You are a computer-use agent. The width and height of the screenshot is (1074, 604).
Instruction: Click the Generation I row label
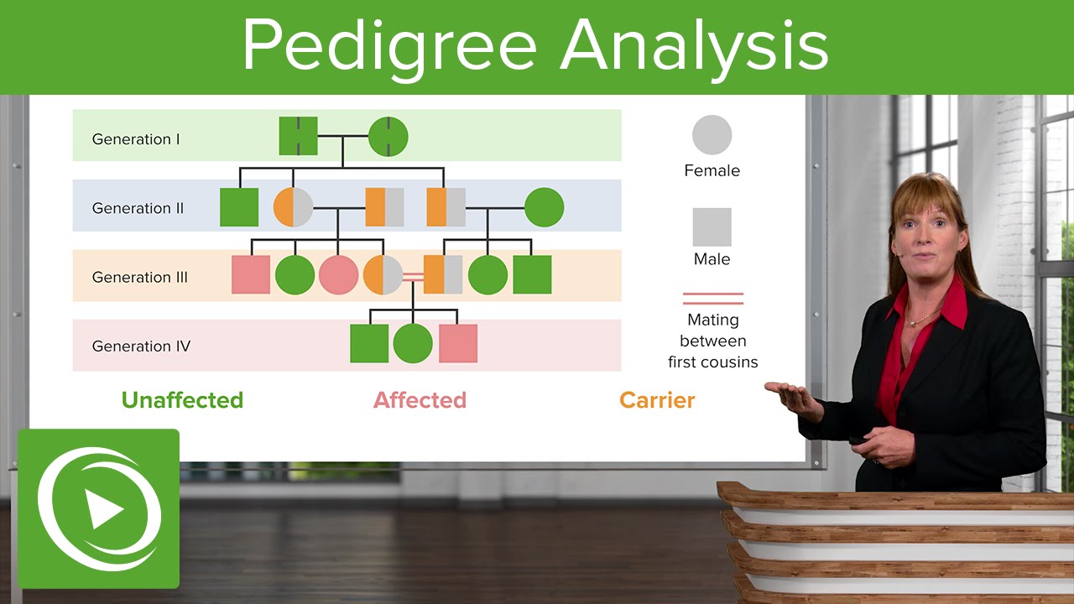(x=136, y=139)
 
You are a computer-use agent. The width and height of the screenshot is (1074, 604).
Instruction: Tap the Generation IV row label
(x=141, y=346)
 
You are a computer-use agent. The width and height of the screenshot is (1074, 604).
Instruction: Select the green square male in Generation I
(x=298, y=136)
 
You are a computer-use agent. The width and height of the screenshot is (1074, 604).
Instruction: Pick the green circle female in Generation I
(x=388, y=136)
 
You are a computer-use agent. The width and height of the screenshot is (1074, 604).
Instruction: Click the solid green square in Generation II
(x=239, y=207)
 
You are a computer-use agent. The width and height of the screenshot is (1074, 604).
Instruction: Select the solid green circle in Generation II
(x=544, y=207)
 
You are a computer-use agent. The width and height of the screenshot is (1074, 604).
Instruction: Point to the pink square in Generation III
(x=251, y=274)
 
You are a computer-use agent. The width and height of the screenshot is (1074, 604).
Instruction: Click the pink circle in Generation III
(x=339, y=274)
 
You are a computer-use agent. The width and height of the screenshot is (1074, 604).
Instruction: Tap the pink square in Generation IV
(x=458, y=343)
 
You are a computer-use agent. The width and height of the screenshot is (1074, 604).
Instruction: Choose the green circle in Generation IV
(x=413, y=343)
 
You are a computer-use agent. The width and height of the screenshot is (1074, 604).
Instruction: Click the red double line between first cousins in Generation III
(x=413, y=275)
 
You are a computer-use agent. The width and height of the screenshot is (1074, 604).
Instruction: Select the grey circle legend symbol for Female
(x=712, y=135)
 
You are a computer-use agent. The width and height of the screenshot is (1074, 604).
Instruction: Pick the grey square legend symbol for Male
(x=712, y=227)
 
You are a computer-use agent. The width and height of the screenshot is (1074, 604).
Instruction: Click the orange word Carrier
(x=657, y=400)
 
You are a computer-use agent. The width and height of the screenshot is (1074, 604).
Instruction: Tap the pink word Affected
(x=420, y=400)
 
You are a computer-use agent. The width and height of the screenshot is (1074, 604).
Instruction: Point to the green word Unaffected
(x=182, y=400)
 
